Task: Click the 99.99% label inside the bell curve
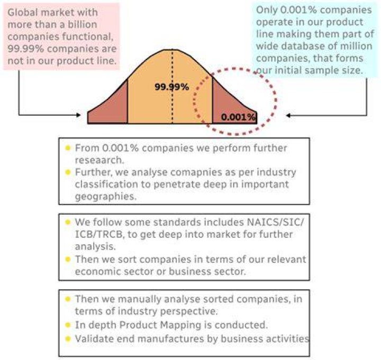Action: [x=172, y=87]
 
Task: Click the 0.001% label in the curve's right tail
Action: [x=238, y=117]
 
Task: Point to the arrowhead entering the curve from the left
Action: [x=78, y=115]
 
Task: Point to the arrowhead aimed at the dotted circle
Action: [x=288, y=116]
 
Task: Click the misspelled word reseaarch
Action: [x=99, y=160]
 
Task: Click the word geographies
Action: [x=106, y=197]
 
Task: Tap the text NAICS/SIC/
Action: [x=275, y=222]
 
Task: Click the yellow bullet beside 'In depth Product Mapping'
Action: [x=68, y=325]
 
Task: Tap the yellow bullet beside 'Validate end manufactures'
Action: [x=68, y=339]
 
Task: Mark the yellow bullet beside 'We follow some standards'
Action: [x=68, y=222]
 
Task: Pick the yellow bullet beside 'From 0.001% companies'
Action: [x=68, y=148]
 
